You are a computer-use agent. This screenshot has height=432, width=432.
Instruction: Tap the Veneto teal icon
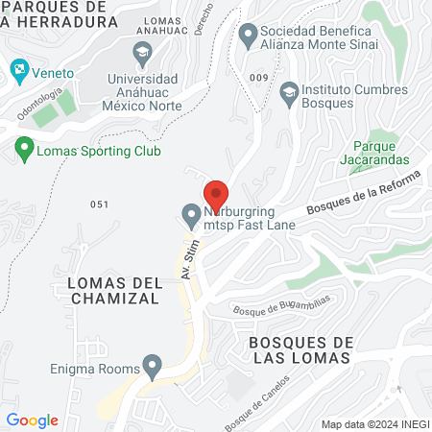[18, 69]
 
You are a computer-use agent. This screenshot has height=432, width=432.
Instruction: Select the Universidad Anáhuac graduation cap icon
[142, 50]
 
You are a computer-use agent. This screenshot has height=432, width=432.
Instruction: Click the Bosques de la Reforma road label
[364, 195]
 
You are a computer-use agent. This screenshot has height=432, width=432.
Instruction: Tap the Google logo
[33, 420]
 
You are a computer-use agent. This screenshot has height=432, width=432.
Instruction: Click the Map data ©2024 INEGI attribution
[373, 424]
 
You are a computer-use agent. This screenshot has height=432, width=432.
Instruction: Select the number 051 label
[100, 204]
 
